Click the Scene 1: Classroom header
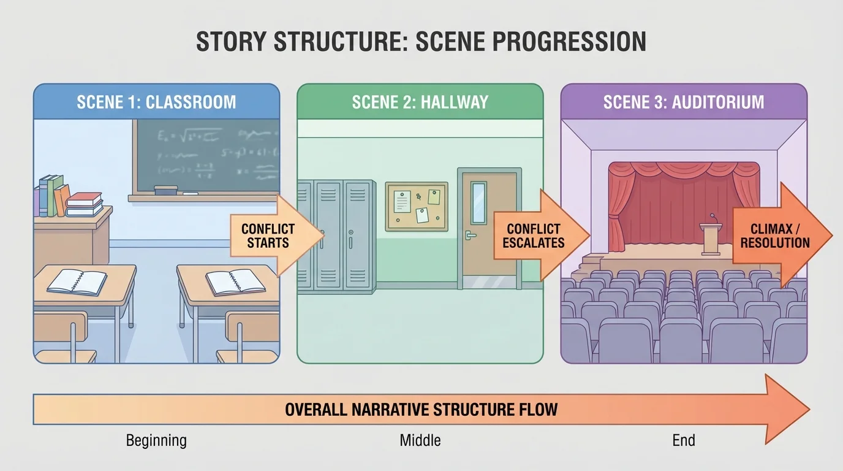coord(156,101)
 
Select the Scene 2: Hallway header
coord(420,101)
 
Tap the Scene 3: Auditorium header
coord(684,101)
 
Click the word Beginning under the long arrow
coord(156,440)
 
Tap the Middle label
coord(420,440)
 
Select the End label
coord(684,440)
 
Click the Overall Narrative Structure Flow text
coord(421,409)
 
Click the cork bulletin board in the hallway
coord(417,206)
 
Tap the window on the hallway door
coord(478,202)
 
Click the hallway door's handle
coord(471,235)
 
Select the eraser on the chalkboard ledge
coord(165,191)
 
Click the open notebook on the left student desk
coord(77,282)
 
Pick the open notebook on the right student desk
coord(235,282)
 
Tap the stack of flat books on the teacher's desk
coord(85,204)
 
